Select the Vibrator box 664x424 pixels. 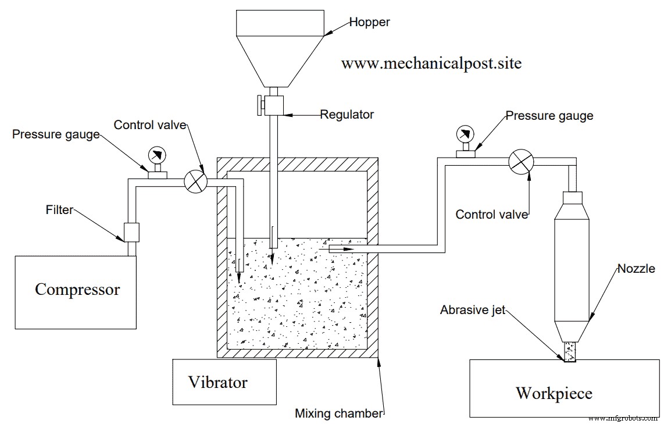[x=224, y=382]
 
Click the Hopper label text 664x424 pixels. [x=369, y=23]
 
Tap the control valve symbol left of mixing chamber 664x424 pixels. [x=196, y=181]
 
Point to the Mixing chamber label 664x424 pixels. [x=340, y=414]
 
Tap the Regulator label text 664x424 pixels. [x=347, y=115]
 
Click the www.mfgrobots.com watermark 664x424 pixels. [x=623, y=418]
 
